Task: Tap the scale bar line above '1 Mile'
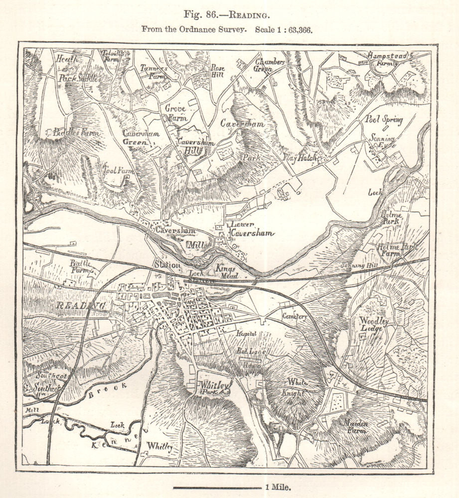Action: point(217,488)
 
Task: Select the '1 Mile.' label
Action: point(278,488)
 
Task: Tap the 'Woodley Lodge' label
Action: point(374,326)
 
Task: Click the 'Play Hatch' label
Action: point(301,158)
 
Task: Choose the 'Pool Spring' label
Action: point(384,120)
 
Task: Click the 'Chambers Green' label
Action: point(269,66)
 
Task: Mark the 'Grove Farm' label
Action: point(175,112)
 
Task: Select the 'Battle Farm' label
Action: point(82,266)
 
